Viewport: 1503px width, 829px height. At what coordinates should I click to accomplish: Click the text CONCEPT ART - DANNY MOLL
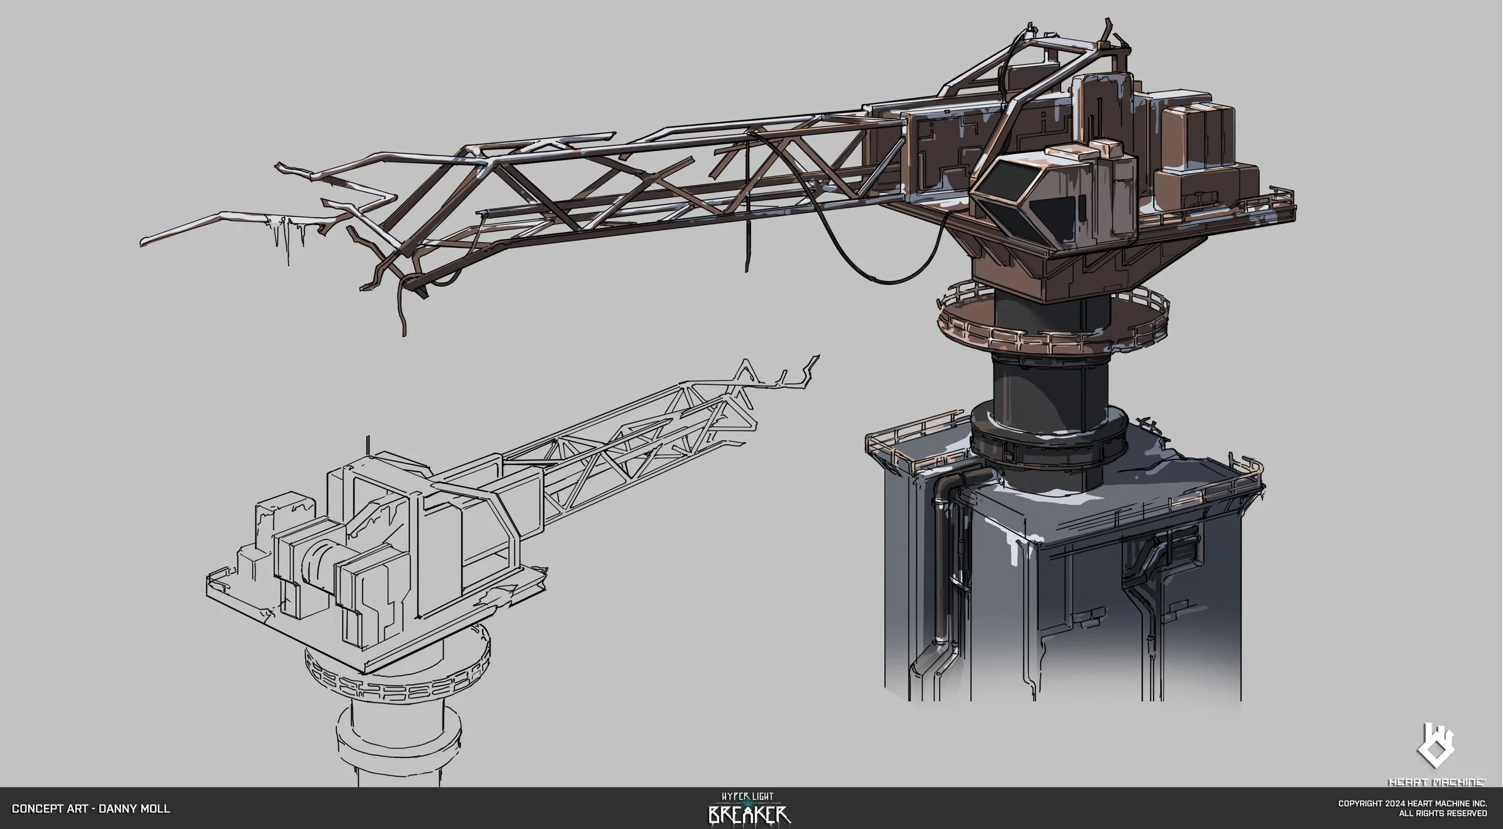pyautogui.click(x=91, y=809)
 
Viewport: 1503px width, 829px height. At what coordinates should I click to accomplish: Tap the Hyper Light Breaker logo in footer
pyautogui.click(x=749, y=807)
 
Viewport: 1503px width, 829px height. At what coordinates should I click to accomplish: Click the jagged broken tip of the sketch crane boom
pyautogui.click(x=800, y=370)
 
